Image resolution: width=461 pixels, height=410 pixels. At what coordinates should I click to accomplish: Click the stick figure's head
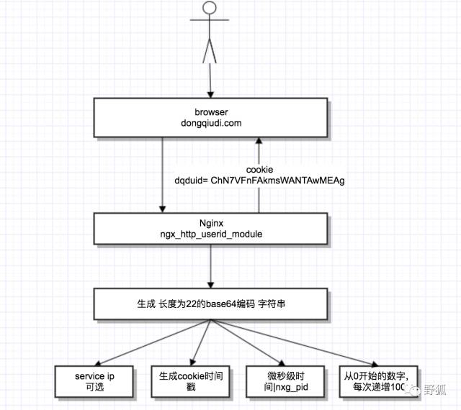pyautogui.click(x=210, y=8)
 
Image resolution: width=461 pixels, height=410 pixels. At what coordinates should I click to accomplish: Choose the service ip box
pyautogui.click(x=94, y=381)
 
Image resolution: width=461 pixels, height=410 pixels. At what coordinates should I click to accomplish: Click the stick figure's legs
pyautogui.click(x=210, y=50)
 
